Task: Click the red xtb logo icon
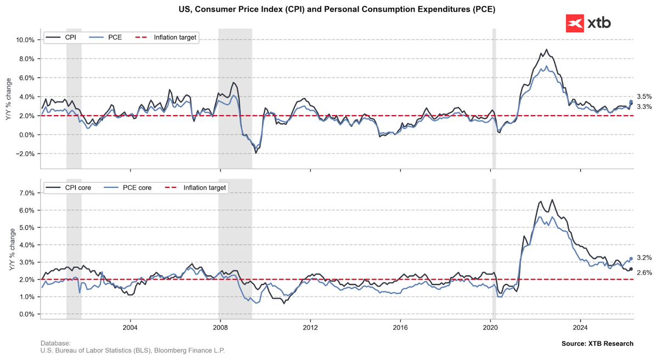point(575,23)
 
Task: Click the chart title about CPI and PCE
point(337,9)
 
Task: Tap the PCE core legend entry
point(128,187)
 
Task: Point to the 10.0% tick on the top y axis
point(25,40)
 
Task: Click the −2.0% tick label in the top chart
point(25,154)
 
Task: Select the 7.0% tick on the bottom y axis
point(27,193)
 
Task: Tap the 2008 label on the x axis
point(220,328)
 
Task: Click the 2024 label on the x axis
point(580,328)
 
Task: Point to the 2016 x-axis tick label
point(400,328)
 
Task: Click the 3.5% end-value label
point(644,96)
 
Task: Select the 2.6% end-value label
point(644,273)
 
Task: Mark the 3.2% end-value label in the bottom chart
point(644,258)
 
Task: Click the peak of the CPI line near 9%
point(546,49)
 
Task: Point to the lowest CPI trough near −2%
point(256,153)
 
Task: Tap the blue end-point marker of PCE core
point(631,259)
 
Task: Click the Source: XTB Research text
point(598,344)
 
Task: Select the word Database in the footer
point(55,343)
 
